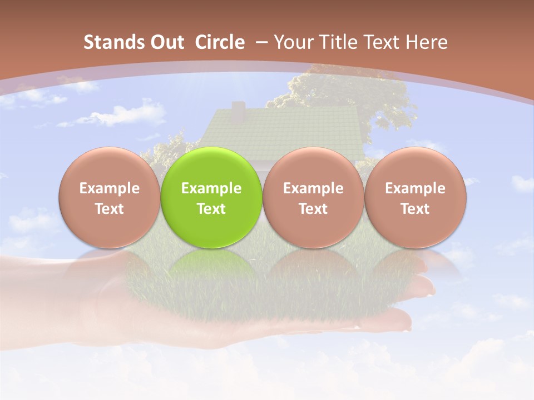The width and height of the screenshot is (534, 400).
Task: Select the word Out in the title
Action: (166, 42)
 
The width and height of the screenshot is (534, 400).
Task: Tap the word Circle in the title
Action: (220, 42)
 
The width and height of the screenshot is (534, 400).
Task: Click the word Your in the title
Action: (293, 42)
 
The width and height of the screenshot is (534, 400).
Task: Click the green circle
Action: (211, 167)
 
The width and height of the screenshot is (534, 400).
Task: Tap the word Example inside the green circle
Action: (211, 188)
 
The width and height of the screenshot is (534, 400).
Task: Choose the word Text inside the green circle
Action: (211, 209)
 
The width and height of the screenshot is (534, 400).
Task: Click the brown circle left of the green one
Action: (110, 167)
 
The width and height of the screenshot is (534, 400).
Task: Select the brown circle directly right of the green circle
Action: (313, 167)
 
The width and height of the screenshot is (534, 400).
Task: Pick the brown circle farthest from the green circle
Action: (415, 167)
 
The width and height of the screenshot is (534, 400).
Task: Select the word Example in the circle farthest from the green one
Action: (415, 188)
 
